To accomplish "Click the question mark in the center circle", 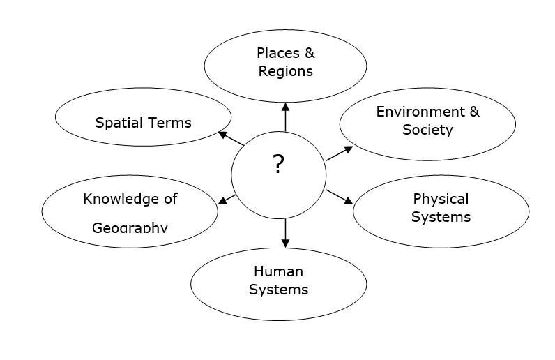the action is [x=279, y=164].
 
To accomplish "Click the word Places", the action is [x=278, y=53].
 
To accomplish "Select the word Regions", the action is [x=286, y=72].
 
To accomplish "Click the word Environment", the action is [x=420, y=112].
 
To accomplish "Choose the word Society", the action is [x=427, y=130].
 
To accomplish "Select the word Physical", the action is [x=441, y=199].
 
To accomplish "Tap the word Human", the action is [x=279, y=272].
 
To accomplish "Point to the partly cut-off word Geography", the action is [x=130, y=227].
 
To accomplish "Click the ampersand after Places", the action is [x=310, y=53].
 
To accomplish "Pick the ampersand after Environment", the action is [x=474, y=112].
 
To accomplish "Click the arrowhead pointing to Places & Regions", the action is [x=286, y=107].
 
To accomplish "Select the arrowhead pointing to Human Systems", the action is [x=286, y=243].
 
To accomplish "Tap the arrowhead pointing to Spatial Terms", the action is [x=222, y=135].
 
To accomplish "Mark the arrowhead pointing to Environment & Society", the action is [x=349, y=149].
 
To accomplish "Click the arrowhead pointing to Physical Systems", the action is [x=349, y=200].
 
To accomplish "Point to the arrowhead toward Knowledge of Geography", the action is [x=222, y=200].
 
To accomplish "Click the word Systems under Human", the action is [x=279, y=290].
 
